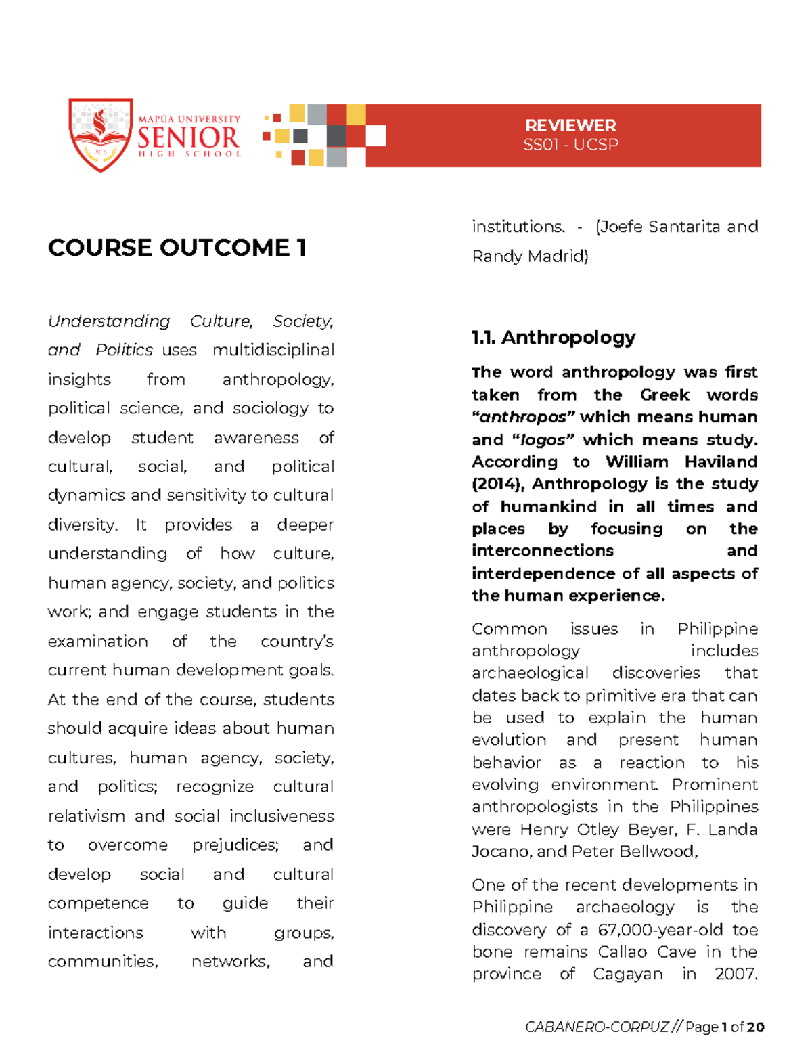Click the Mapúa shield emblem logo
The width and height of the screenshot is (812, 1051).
(100, 134)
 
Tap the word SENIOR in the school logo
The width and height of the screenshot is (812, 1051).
(188, 138)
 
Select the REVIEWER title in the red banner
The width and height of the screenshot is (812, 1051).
(570, 125)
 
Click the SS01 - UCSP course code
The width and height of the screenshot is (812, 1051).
(570, 144)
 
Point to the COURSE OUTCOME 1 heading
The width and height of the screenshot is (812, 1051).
(177, 248)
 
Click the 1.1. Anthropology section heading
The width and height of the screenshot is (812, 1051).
(554, 337)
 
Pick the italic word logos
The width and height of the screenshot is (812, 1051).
(542, 440)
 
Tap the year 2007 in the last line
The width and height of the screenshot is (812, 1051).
(736, 974)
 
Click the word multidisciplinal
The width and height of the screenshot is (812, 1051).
(273, 350)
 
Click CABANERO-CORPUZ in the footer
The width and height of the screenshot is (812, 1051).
(597, 1027)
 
